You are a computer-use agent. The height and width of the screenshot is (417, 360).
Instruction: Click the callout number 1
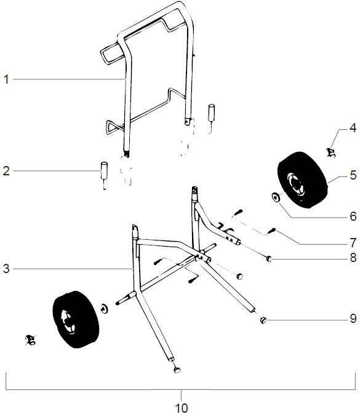tap(6, 79)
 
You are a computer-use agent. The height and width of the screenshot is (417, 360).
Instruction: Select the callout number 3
tap(6, 269)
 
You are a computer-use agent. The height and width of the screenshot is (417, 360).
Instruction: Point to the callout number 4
tap(353, 129)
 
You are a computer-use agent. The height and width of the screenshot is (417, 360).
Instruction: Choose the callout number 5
tap(353, 175)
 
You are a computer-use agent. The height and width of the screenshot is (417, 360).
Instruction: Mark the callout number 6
tap(353, 216)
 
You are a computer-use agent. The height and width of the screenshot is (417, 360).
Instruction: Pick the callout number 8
tap(353, 258)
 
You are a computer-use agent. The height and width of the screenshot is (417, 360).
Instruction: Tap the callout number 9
tap(353, 319)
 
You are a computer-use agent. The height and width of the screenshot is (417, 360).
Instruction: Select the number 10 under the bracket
tap(182, 408)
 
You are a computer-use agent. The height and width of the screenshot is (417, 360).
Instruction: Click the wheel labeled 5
tap(302, 178)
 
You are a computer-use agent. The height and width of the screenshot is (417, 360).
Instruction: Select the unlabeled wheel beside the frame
tap(75, 320)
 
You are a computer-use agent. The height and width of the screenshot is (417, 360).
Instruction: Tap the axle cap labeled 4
tap(330, 152)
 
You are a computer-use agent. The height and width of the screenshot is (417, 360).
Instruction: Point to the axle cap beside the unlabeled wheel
tap(29, 338)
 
